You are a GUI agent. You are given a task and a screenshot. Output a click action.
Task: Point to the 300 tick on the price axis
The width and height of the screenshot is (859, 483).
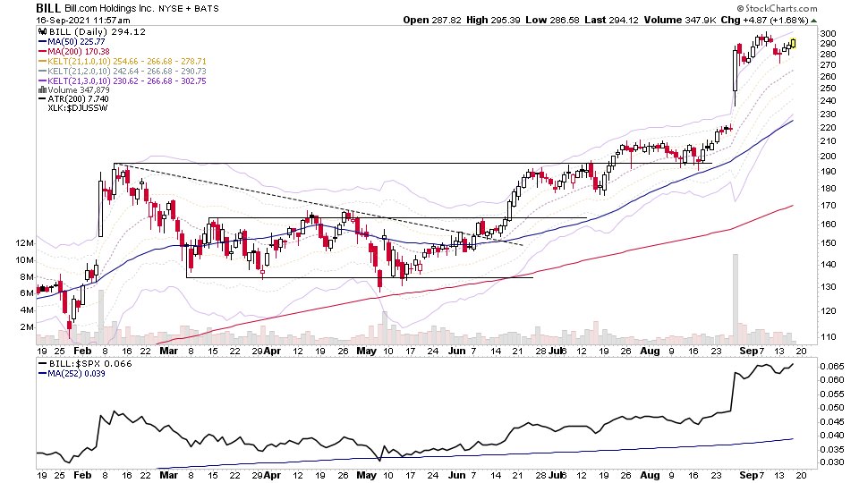click(x=828, y=33)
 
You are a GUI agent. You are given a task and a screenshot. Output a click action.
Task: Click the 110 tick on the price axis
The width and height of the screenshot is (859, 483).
click(x=828, y=337)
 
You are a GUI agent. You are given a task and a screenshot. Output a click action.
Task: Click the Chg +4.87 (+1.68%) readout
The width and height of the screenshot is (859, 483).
click(x=770, y=19)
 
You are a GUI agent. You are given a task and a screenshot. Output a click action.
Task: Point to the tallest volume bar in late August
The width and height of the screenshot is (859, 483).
click(x=735, y=295)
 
